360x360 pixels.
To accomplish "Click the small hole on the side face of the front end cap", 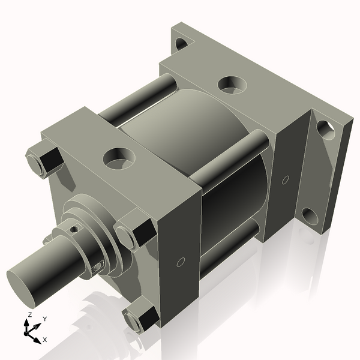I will point(181,262).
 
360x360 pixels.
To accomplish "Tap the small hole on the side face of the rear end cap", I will point(285,179).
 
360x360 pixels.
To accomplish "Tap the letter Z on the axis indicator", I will point(29,315).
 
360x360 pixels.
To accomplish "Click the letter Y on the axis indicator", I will point(45,319).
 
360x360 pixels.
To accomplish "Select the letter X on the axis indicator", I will point(45,340).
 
